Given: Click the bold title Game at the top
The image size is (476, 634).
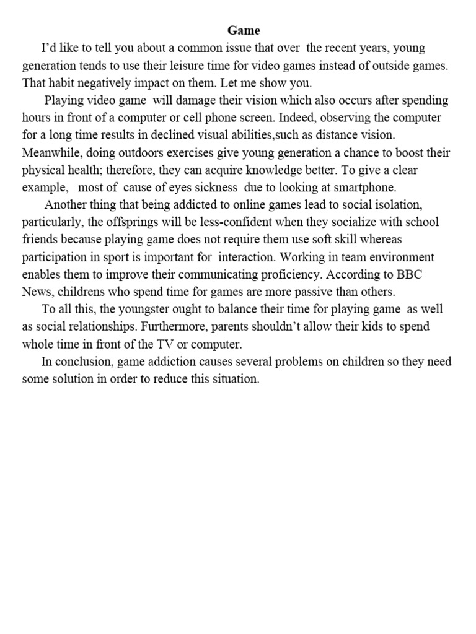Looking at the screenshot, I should pos(244,30).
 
